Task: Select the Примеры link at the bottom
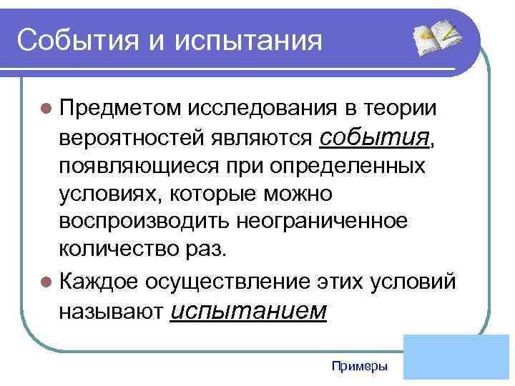pos(360,366)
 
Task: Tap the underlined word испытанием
pos(250,311)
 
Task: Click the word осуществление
pos(226,282)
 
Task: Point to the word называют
pos(112,312)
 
